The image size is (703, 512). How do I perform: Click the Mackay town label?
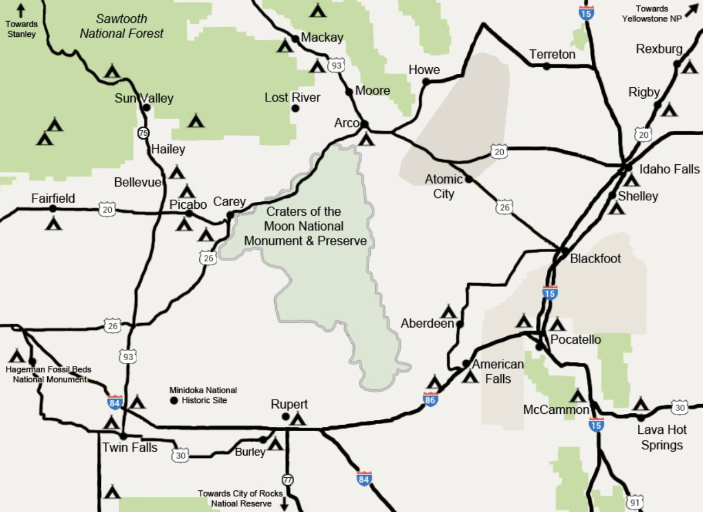coord(322,37)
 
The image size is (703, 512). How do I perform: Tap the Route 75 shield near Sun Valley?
coord(143,132)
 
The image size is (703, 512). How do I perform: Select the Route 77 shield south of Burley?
coord(287,480)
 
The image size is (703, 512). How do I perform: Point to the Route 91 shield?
coord(635,503)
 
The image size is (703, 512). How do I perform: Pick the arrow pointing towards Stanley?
coord(21,10)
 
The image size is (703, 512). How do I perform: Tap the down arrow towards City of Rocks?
coord(284,504)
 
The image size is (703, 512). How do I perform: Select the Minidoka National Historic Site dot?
coord(174,401)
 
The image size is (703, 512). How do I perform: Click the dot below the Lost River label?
coord(295,108)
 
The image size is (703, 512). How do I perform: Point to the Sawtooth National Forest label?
coord(121,26)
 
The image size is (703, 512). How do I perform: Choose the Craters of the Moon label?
coord(305,226)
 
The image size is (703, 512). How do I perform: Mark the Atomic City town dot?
coord(469,179)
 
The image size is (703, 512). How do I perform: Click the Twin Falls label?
coord(130,448)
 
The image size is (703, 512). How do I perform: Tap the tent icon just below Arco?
coord(367,139)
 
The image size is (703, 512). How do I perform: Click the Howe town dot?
coord(426,82)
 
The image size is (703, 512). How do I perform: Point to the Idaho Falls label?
coord(669,169)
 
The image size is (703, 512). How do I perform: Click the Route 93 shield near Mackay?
coord(337,66)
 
